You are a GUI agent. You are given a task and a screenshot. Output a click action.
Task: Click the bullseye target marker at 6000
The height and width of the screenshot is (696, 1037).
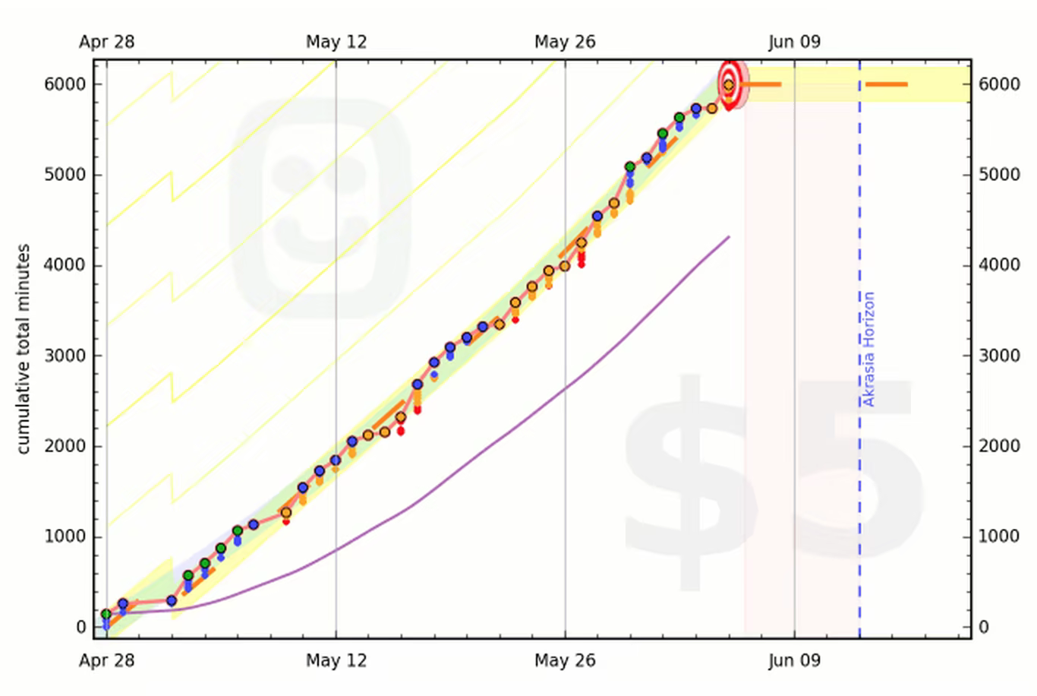[x=729, y=84]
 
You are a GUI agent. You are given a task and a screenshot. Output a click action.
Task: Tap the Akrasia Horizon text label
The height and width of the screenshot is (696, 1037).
[x=869, y=349]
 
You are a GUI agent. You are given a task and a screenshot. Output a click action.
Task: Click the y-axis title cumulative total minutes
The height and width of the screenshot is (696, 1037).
[x=24, y=349]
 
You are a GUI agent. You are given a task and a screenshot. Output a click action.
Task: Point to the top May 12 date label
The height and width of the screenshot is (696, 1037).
[x=336, y=42]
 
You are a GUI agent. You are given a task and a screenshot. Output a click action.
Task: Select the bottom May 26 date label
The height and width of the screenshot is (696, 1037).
[x=565, y=660]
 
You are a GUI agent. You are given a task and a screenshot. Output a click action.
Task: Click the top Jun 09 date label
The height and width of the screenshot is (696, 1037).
[x=794, y=42]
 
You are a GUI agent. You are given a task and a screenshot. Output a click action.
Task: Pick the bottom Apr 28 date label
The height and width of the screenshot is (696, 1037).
[x=106, y=660]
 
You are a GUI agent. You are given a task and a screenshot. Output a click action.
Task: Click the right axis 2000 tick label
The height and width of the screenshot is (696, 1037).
[x=999, y=446]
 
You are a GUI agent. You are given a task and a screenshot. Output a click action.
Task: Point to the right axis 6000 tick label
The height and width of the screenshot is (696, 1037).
[x=999, y=84]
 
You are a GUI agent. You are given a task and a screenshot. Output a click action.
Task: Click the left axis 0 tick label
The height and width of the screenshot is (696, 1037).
[x=81, y=628]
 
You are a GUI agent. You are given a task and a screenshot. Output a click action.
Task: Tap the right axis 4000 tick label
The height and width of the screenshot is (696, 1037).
[x=999, y=265]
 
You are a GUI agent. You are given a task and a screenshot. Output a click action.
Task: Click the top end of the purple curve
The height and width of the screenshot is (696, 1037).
[x=729, y=237]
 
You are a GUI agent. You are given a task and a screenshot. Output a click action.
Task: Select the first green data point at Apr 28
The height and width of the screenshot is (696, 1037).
[x=106, y=614]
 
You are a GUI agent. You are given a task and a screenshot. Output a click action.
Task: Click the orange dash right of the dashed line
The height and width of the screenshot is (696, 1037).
[x=886, y=84]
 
